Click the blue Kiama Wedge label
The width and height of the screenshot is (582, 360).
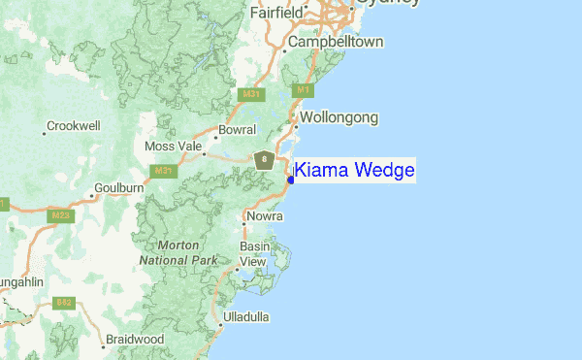[x=354, y=171]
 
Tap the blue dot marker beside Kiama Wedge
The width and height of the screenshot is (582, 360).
[x=291, y=180]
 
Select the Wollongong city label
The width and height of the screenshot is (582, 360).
[x=339, y=117]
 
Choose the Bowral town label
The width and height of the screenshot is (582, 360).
[x=238, y=129]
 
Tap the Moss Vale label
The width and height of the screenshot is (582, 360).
[x=172, y=146]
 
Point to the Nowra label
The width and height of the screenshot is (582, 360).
[x=265, y=216]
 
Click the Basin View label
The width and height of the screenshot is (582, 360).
[x=254, y=254]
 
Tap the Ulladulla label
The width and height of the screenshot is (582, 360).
[x=246, y=317]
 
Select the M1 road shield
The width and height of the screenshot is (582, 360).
[x=303, y=89]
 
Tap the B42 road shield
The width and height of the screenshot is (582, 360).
[x=65, y=304]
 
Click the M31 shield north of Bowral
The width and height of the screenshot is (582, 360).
[x=251, y=94]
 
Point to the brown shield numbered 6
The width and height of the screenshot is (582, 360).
[x=263, y=159]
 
